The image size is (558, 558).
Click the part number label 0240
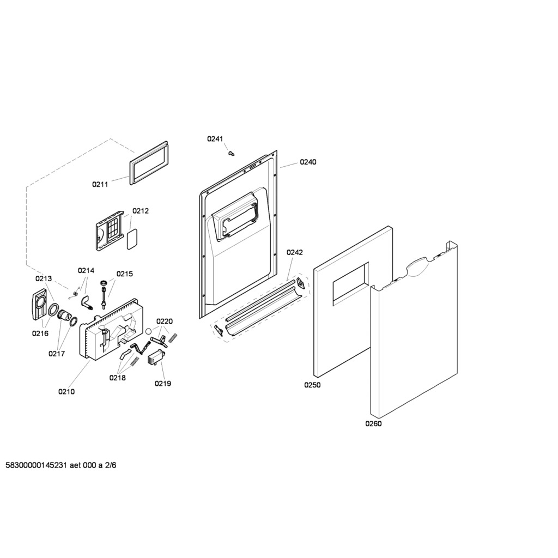click(308, 162)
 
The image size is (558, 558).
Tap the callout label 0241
click(215, 139)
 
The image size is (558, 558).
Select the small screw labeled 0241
click(232, 153)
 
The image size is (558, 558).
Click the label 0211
click(100, 184)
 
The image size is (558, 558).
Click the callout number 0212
click(141, 211)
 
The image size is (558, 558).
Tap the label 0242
click(295, 252)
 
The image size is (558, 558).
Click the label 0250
click(312, 385)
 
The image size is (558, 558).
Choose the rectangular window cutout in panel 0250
click(350, 284)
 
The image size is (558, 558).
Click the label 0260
click(373, 423)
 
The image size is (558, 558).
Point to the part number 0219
click(162, 383)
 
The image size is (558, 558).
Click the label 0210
click(66, 391)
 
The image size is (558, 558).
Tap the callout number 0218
click(118, 378)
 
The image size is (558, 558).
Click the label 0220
click(165, 322)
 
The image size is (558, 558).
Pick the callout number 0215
click(125, 274)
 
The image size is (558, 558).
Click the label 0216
click(40, 333)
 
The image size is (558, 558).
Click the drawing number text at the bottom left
click(61, 465)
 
